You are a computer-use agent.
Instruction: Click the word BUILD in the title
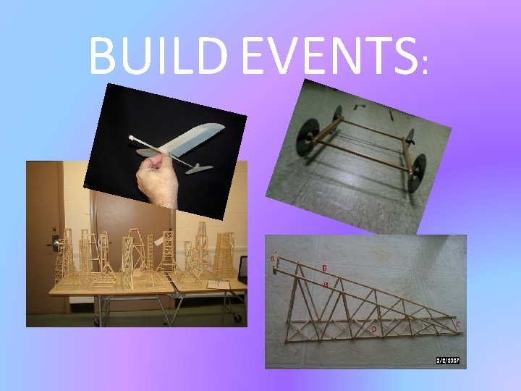click(160, 55)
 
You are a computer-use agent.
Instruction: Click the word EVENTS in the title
click(330, 55)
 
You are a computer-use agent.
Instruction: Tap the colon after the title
click(425, 65)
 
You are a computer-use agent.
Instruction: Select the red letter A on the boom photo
click(272, 258)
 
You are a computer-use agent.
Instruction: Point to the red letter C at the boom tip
click(458, 324)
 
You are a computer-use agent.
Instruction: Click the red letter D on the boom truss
click(374, 329)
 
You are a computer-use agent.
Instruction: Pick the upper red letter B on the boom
click(324, 267)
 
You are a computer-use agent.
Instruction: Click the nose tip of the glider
click(132, 138)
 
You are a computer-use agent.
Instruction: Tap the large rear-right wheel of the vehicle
click(416, 172)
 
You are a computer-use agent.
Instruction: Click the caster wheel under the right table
click(235, 316)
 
